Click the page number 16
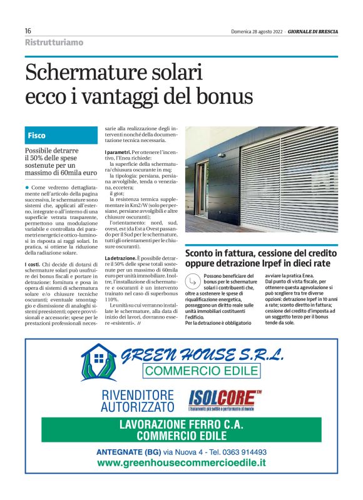pyautogui.click(x=28, y=31)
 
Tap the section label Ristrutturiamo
pyautogui.click(x=54, y=43)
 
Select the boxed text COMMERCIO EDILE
pyautogui.click(x=201, y=370)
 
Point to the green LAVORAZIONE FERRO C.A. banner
pyautogui.click(x=181, y=430)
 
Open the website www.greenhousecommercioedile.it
pyautogui.click(x=181, y=464)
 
